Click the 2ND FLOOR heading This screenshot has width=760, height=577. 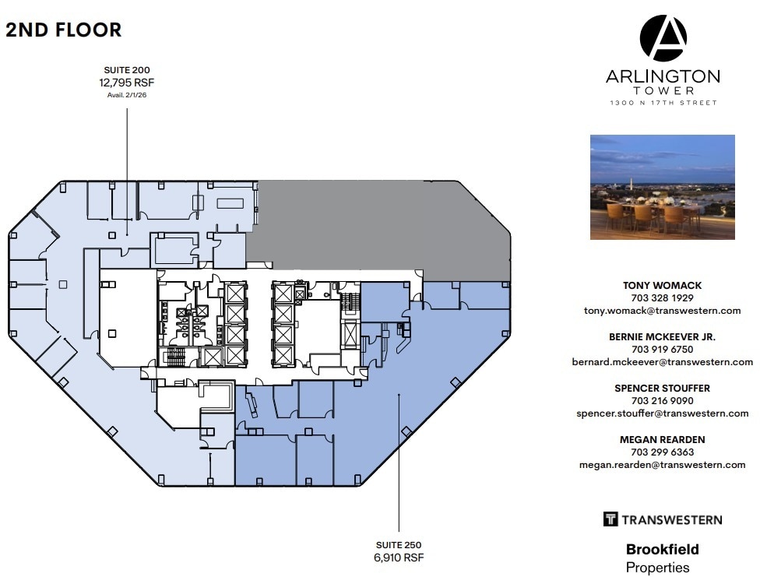pyautogui.click(x=63, y=30)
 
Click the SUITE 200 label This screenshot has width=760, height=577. pyautogui.click(x=128, y=69)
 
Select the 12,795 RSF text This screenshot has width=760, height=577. pyautogui.click(x=128, y=82)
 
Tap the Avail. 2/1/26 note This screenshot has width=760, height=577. pyautogui.click(x=128, y=94)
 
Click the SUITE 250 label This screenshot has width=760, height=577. pyautogui.click(x=399, y=544)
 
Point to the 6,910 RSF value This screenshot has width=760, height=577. pyautogui.click(x=399, y=558)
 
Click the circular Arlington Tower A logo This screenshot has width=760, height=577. pyautogui.click(x=663, y=38)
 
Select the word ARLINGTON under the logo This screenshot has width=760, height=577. pyautogui.click(x=663, y=76)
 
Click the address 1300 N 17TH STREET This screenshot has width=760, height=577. pyautogui.click(x=663, y=103)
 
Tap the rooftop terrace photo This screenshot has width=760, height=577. pyautogui.click(x=662, y=187)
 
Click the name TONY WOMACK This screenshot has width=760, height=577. pyautogui.click(x=662, y=285)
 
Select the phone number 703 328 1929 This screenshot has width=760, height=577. pyautogui.click(x=662, y=297)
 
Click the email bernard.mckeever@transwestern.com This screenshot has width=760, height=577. pyautogui.click(x=662, y=361)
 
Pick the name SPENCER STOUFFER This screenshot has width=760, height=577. pyautogui.click(x=662, y=388)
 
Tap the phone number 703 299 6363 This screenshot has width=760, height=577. pyautogui.click(x=662, y=452)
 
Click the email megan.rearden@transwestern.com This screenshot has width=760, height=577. pyautogui.click(x=662, y=464)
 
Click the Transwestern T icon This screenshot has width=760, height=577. pyautogui.click(x=610, y=519)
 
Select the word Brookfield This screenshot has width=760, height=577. pyautogui.click(x=662, y=550)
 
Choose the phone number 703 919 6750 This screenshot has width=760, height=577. pyautogui.click(x=662, y=349)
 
